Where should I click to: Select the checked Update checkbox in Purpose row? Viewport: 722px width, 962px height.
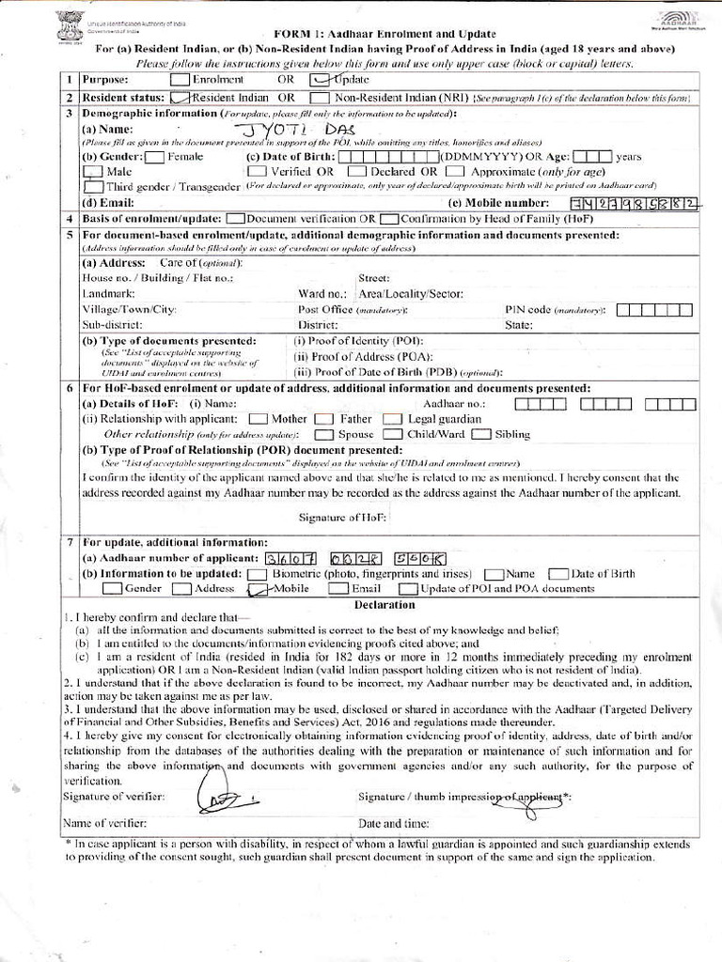pyautogui.click(x=317, y=80)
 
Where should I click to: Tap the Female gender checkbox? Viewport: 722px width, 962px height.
pyautogui.click(x=155, y=157)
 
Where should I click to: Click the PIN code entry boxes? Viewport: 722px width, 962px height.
pyautogui.click(x=660, y=309)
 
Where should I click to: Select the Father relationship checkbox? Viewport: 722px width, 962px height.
pyautogui.click(x=323, y=419)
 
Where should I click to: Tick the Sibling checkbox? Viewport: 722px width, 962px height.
pyautogui.click(x=480, y=434)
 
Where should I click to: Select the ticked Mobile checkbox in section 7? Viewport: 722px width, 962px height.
pyautogui.click(x=257, y=589)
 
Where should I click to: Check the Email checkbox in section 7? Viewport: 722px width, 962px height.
pyautogui.click(x=338, y=589)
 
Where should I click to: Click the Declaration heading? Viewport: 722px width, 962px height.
pyautogui.click(x=385, y=606)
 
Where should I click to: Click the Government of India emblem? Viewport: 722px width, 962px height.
pyautogui.click(x=70, y=23)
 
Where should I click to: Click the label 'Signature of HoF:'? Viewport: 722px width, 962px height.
pyautogui.click(x=342, y=518)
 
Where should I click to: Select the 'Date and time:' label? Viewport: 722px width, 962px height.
pyautogui.click(x=393, y=824)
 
